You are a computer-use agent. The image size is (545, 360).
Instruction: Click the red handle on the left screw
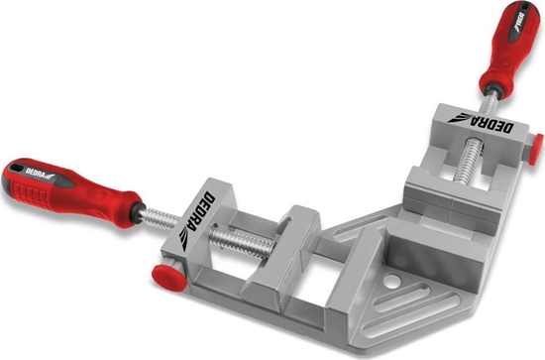click(69, 192)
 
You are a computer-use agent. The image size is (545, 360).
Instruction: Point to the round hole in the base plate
click(391, 281)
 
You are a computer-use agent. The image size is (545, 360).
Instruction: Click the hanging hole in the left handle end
click(15, 168)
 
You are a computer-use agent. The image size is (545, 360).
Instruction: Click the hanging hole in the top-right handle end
click(524, 5)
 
